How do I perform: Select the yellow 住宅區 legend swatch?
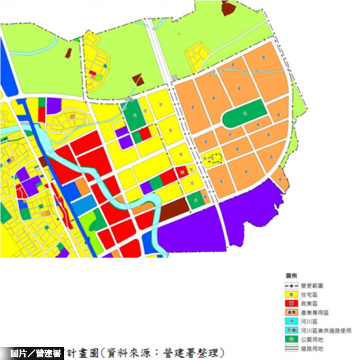click(291, 294)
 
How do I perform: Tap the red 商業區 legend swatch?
click(291, 303)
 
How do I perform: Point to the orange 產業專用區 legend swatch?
click(291, 312)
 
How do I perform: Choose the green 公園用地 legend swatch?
click(291, 339)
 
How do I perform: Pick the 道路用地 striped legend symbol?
click(291, 348)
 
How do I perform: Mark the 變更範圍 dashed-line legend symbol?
click(291, 285)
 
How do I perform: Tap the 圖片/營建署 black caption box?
click(32, 353)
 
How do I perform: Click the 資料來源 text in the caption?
click(129, 353)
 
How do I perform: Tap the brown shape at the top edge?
click(226, 8)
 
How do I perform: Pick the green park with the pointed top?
click(133, 116)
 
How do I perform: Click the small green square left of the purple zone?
click(195, 200)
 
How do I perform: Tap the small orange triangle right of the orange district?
click(279, 177)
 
